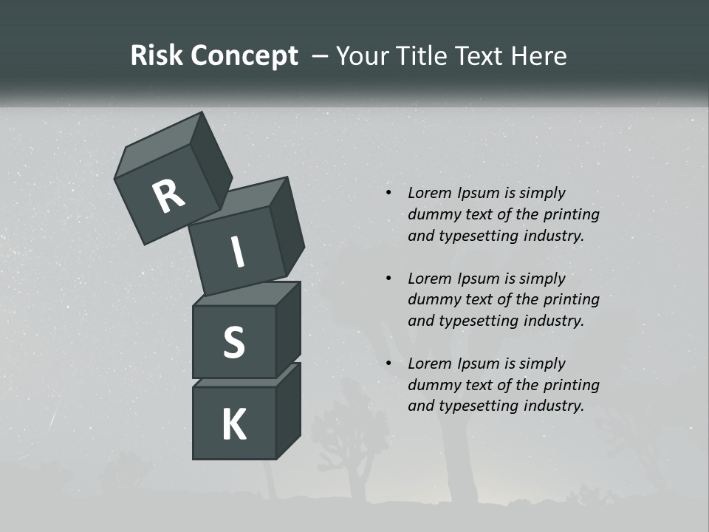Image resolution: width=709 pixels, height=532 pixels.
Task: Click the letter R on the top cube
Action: [x=168, y=196]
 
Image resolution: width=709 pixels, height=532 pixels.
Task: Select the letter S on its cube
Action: [x=233, y=343]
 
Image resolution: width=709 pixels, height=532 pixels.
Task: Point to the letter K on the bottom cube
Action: [x=233, y=426]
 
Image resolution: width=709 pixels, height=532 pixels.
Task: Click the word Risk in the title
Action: [x=157, y=56]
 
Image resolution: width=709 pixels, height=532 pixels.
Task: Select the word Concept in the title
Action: [x=244, y=56]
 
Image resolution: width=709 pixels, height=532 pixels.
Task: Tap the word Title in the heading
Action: [x=424, y=56]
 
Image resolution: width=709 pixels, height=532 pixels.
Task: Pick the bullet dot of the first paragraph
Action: [x=388, y=194]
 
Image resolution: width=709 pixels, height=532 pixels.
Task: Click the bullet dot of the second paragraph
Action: [x=388, y=279]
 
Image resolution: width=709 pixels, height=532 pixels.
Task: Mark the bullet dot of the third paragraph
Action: [x=388, y=364]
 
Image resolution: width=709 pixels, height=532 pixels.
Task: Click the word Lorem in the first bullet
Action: [x=429, y=194]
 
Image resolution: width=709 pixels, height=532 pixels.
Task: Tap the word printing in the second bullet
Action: [x=572, y=300]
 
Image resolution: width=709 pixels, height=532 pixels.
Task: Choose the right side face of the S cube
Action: [x=288, y=329]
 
